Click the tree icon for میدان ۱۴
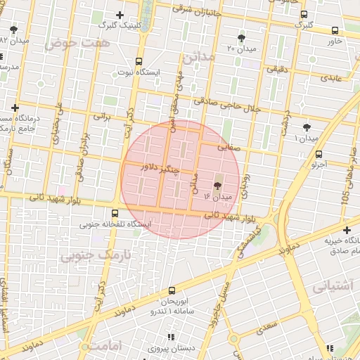pos(217,186)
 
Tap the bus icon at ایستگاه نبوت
pos(139,61)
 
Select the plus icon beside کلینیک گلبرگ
pos(120,15)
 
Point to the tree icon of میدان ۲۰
pos(242,37)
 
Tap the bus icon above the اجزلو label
pos(319,154)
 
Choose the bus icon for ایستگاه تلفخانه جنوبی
pos(115,213)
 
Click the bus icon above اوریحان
pos(172,290)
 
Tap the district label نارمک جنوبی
pos(87,255)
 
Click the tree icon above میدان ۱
pos(306,127)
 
